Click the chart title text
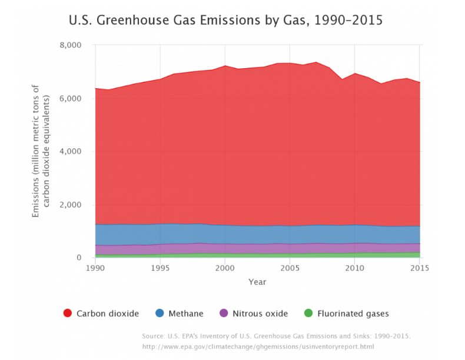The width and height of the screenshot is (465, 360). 226,21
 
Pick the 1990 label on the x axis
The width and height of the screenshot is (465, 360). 95,268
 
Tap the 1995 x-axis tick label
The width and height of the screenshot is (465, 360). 160,268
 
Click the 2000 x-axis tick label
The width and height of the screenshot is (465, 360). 225,268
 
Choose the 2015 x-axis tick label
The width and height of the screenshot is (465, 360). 418,268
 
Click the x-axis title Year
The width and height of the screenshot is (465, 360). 257,282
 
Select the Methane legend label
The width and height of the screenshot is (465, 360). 187,314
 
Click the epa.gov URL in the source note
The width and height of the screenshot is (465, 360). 258,346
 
